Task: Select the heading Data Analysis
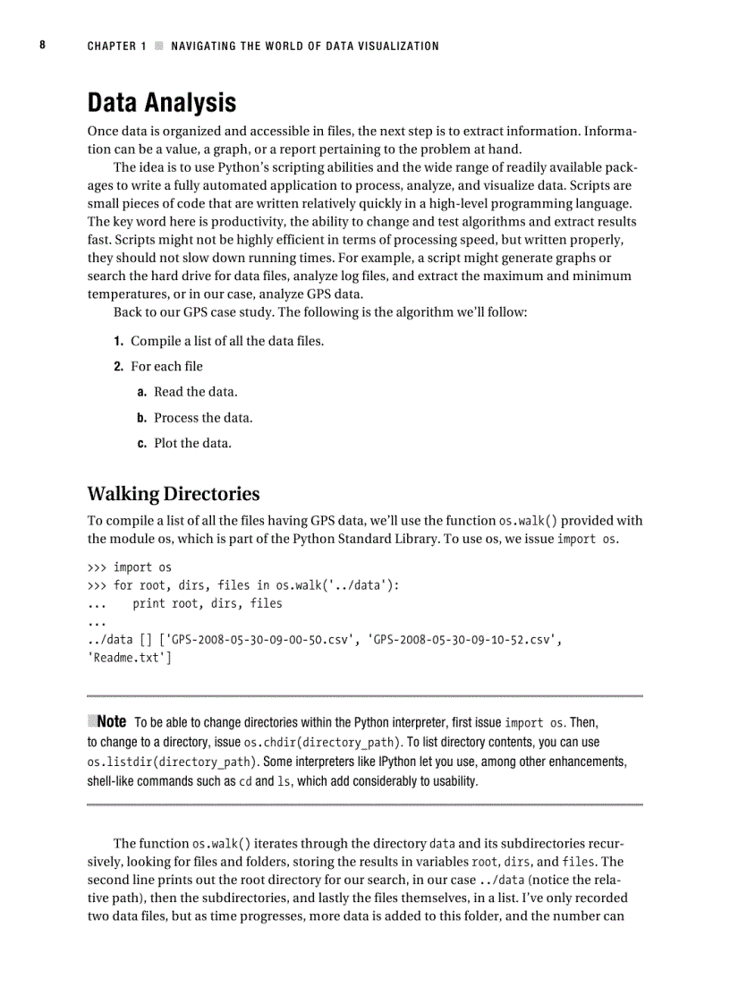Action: [161, 103]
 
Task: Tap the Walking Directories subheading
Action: [174, 494]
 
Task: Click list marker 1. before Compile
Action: [118, 341]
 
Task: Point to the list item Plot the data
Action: [192, 443]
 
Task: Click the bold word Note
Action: [111, 721]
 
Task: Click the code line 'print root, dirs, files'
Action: [208, 604]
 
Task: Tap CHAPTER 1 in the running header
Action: [116, 46]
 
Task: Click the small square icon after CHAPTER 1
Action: [159, 46]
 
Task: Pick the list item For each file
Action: [166, 366]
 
